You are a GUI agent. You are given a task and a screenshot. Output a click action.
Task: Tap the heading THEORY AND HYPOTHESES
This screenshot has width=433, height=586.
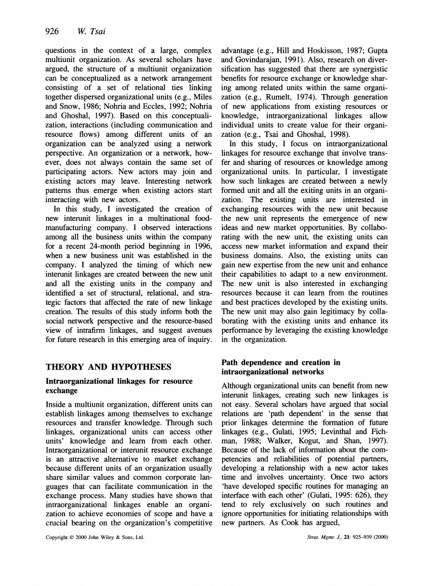tap(108, 366)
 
